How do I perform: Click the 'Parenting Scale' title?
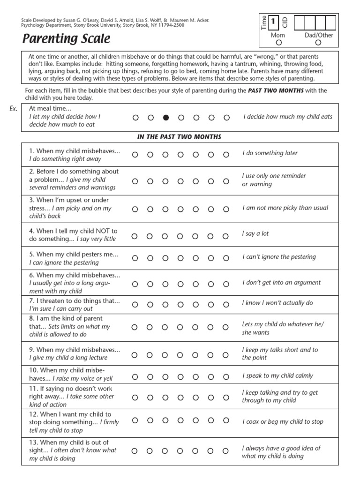coord(67,38)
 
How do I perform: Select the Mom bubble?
coord(279,43)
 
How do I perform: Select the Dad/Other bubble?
coord(318,43)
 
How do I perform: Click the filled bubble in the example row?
coord(165,118)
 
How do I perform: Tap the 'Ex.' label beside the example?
coord(14,109)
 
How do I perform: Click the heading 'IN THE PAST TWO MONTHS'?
coord(179,137)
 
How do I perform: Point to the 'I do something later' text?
coord(270,153)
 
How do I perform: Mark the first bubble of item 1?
coord(135,154)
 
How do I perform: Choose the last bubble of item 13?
coord(226,451)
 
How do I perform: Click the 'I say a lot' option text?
coord(255,233)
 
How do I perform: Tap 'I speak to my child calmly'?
coord(277,375)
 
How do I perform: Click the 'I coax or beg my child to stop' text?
coord(283,421)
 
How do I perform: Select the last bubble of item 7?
coord(226,305)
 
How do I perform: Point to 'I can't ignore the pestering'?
coord(279,257)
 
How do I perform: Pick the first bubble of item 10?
coord(135,376)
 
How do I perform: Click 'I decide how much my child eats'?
coord(288,117)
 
